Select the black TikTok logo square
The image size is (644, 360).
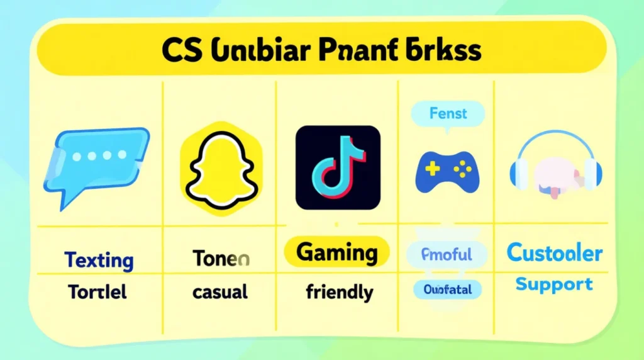(x=338, y=167)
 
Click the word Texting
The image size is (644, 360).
(x=99, y=260)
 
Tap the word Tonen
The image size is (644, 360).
(x=221, y=258)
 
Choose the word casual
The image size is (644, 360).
(x=220, y=292)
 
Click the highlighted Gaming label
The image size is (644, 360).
(x=336, y=253)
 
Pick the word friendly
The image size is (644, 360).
(x=340, y=293)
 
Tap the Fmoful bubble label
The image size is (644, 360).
(x=448, y=255)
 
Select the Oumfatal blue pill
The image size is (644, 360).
(x=447, y=290)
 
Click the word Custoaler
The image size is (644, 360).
(x=554, y=254)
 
